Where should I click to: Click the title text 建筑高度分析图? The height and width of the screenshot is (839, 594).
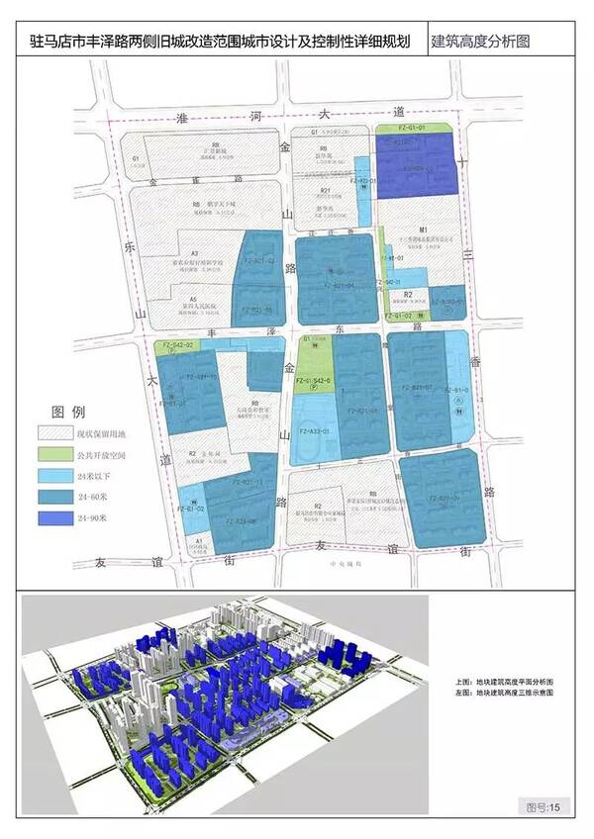(x=481, y=44)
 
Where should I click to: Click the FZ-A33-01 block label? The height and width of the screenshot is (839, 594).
(x=310, y=431)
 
